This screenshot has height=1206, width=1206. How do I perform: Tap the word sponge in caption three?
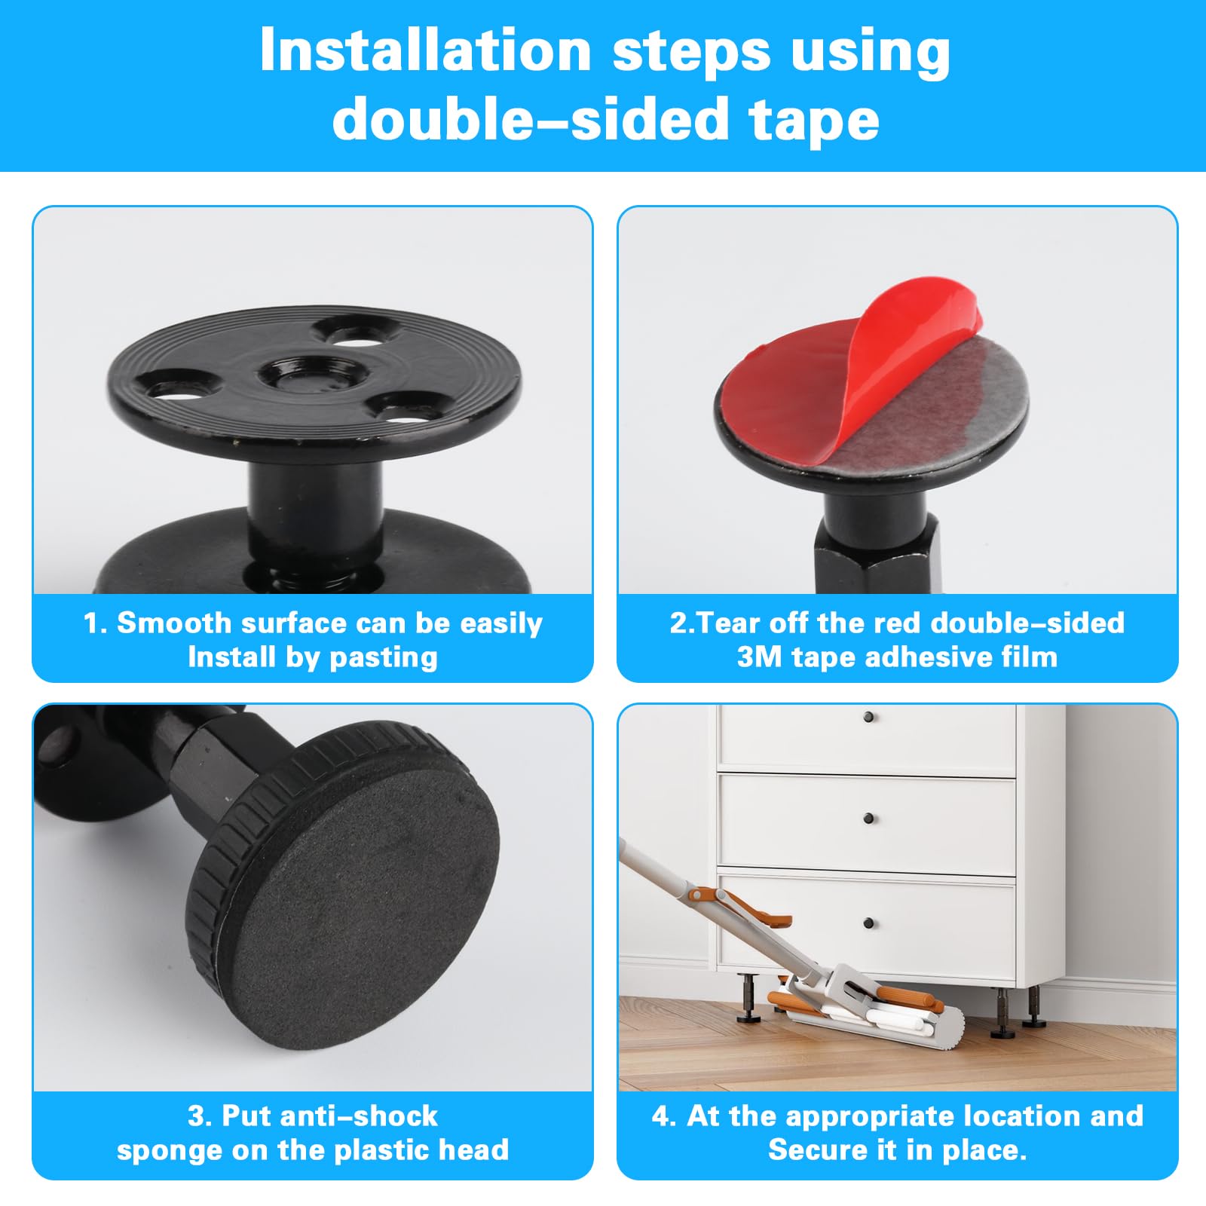click(158, 1150)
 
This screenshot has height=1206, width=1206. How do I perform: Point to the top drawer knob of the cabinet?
click(869, 716)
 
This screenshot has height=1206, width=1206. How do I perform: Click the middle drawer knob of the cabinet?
click(869, 819)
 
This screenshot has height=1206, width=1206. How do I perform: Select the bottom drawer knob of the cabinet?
click(869, 923)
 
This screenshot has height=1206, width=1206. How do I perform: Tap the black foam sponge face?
click(369, 904)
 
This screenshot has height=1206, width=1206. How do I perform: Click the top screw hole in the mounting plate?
click(355, 331)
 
